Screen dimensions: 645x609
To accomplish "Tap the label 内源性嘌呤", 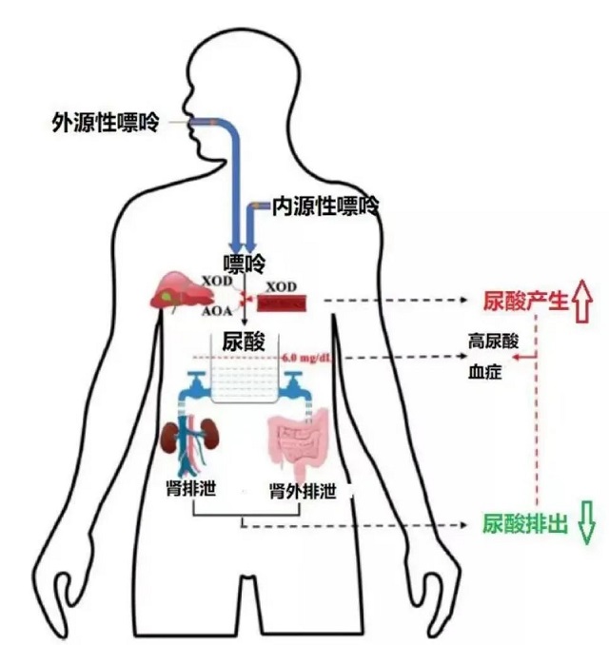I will (x=325, y=205).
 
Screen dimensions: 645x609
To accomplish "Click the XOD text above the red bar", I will (x=281, y=285).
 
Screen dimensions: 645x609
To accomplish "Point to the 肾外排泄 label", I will (x=303, y=490).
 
